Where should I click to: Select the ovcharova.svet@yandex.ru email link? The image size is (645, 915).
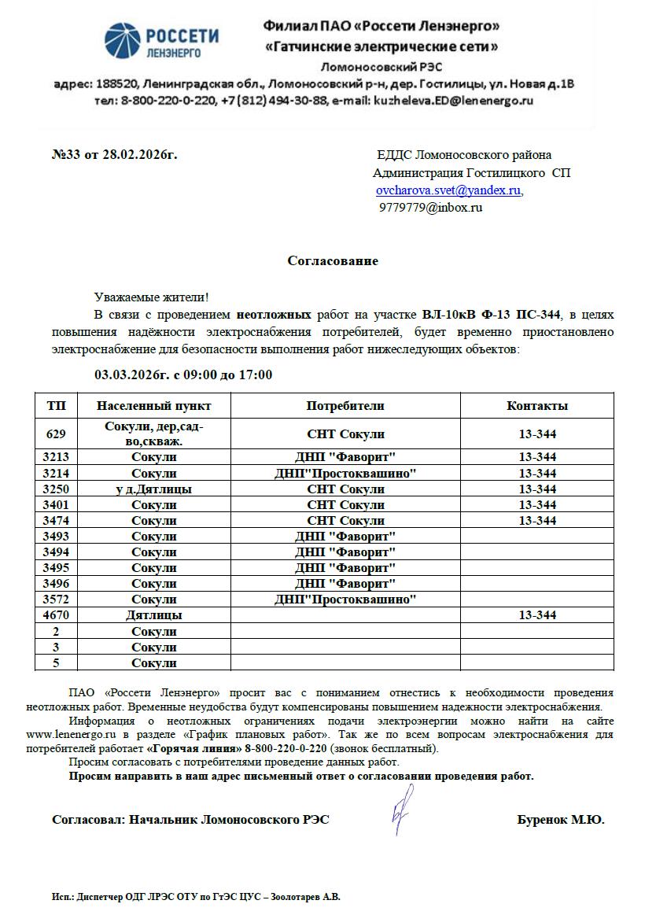click(x=448, y=190)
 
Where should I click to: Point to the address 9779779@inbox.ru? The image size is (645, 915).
click(x=431, y=208)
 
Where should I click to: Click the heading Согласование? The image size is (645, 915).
click(x=332, y=261)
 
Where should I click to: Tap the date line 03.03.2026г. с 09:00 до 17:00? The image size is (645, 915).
click(x=183, y=374)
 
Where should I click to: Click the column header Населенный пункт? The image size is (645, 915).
click(x=153, y=406)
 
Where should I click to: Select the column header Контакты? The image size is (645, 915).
click(x=537, y=406)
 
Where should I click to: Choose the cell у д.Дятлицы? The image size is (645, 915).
click(x=153, y=489)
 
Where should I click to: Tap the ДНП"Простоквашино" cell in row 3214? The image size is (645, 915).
click(x=345, y=474)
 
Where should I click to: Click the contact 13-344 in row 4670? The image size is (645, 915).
click(x=537, y=615)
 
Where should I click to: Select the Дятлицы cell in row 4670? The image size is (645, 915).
click(x=153, y=615)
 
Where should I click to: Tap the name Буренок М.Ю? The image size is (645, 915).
click(x=560, y=820)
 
